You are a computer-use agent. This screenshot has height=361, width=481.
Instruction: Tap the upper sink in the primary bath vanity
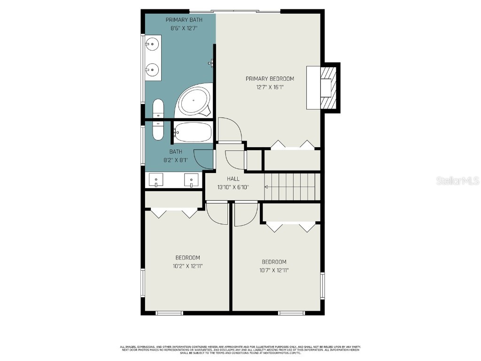(152, 45)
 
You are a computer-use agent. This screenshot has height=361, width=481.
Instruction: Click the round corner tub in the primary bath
(194, 101)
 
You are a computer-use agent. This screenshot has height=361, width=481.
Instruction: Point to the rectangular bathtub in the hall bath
(193, 132)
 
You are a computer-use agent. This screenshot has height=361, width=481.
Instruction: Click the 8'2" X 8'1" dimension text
(176, 160)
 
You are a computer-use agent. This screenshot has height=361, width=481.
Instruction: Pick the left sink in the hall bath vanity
(155, 180)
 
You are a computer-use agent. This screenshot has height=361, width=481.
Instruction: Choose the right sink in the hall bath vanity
(191, 180)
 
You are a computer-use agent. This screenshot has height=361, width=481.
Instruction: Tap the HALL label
(233, 179)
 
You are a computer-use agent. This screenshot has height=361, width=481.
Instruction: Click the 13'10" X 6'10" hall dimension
(233, 187)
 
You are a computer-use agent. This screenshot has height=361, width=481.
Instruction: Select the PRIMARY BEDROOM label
(270, 78)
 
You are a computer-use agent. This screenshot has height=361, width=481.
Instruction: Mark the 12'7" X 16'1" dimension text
(270, 87)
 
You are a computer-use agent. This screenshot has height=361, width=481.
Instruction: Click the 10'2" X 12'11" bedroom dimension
(187, 266)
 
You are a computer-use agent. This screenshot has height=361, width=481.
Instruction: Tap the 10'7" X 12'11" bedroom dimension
(273, 270)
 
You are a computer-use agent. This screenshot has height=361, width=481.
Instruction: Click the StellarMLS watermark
(457, 180)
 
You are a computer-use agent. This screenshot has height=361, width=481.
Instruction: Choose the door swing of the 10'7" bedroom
(245, 213)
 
